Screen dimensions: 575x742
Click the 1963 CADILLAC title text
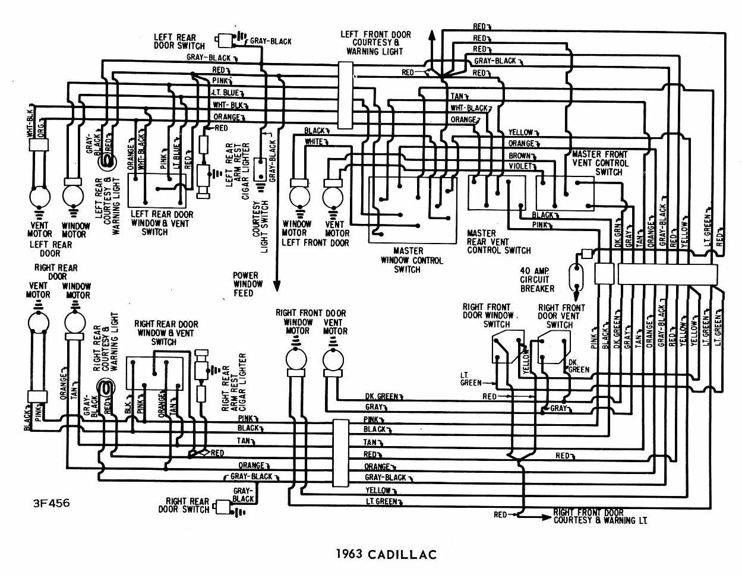pos(386,554)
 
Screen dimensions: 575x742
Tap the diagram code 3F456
pos(51,503)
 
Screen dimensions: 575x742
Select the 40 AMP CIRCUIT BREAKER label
pos(537,280)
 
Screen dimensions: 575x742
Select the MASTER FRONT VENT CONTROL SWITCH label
pos(600,163)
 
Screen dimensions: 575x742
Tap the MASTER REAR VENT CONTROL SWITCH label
pos(498,242)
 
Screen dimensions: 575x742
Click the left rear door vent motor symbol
pos(40,196)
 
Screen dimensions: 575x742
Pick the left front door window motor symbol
pos(298,196)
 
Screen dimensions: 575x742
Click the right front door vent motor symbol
pos(333,360)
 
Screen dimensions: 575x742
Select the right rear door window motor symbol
pos(75,323)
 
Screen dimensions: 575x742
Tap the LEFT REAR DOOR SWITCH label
pos(179,41)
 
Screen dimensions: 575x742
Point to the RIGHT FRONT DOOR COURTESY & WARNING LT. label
pos(599,516)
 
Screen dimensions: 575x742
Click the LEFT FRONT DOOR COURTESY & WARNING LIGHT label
pos(375,43)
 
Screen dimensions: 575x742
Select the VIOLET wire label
pos(520,166)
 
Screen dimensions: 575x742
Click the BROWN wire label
pos(519,156)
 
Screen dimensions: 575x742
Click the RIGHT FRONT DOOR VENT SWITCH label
pos(561,316)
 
